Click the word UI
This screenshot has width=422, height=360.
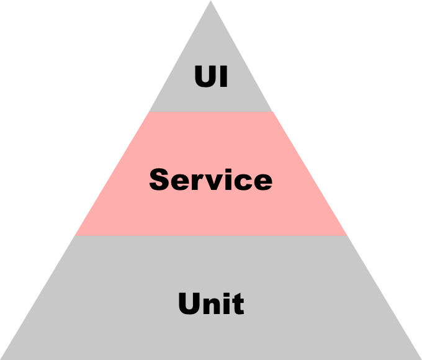211,78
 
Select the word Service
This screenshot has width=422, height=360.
211,180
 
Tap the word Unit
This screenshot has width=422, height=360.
211,304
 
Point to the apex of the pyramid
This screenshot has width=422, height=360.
210,2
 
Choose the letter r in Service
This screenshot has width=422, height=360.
197,181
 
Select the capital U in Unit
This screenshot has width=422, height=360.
189,304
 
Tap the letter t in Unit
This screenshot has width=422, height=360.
238,305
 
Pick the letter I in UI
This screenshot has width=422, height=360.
223,78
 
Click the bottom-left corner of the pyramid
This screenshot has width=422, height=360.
2,358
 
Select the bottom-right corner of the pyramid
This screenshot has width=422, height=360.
420,358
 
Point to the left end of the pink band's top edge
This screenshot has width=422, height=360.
148,112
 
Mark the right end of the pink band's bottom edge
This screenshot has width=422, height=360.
347,235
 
